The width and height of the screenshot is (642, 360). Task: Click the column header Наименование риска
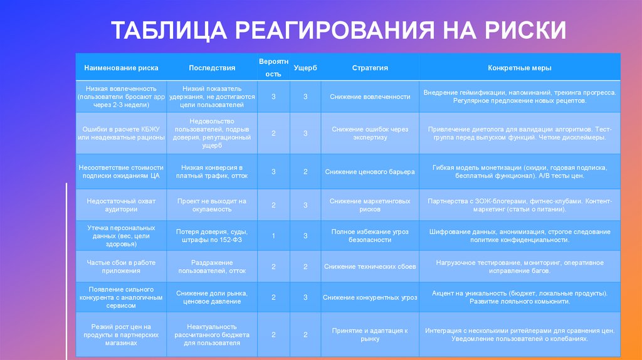coord(122,68)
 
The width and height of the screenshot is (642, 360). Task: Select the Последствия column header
coord(212,68)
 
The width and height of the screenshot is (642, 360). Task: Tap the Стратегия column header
coord(370,68)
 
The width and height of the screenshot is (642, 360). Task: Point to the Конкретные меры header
coord(520,68)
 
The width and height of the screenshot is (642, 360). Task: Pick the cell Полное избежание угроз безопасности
coord(370,236)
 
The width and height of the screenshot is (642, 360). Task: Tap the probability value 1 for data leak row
coord(273,236)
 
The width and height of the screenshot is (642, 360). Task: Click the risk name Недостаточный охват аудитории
coord(122,205)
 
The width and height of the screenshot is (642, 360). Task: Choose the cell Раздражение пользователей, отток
coord(212,267)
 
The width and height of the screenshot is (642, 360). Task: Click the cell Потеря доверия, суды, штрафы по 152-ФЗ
coord(212,236)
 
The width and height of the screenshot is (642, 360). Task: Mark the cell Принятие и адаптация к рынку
coord(370,334)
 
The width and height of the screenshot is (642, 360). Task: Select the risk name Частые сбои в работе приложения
coord(122,267)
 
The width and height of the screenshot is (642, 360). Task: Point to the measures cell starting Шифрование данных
coord(520,236)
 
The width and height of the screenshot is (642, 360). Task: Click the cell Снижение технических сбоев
coord(370,267)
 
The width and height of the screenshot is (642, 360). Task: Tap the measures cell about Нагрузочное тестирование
coord(520,267)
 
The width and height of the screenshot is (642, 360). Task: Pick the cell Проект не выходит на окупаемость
coord(212,205)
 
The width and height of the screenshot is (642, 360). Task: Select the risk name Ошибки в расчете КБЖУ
coord(122,134)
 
